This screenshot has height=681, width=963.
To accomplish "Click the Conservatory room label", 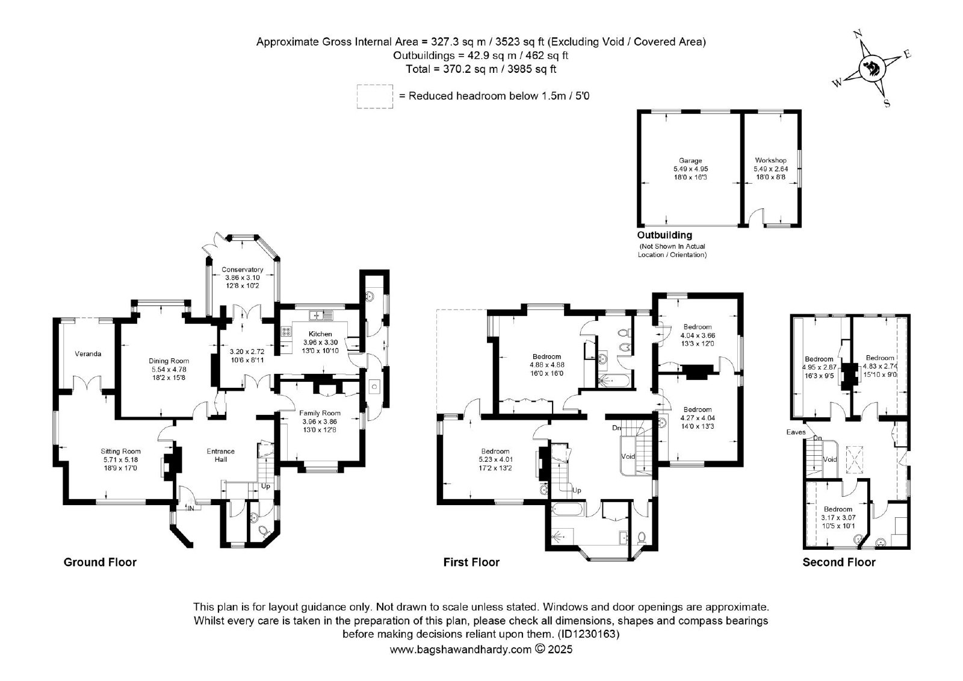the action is [242, 270].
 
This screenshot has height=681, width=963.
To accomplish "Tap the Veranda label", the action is [88, 353].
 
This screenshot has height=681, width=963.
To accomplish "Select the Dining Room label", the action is [169, 361].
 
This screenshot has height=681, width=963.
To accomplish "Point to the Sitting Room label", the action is [121, 451].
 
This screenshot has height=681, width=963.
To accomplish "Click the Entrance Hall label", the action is [220, 455].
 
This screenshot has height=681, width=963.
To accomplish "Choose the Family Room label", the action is [320, 413].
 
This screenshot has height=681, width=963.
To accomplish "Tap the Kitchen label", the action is [320, 334].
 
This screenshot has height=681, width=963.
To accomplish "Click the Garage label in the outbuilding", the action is [690, 161].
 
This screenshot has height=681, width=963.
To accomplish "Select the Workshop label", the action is [770, 161].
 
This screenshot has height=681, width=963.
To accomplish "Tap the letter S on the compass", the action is [886, 103].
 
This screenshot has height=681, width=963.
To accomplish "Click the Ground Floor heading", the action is [100, 562].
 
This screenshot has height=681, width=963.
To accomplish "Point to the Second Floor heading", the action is [839, 562].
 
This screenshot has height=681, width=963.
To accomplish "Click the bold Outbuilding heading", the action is [664, 235].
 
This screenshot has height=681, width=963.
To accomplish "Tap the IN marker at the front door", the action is [191, 508].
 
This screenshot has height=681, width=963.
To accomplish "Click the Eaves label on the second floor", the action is [796, 432].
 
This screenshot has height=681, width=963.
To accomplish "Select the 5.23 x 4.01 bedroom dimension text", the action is [495, 459].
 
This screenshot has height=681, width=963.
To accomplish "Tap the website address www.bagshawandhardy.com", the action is [460, 649].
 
